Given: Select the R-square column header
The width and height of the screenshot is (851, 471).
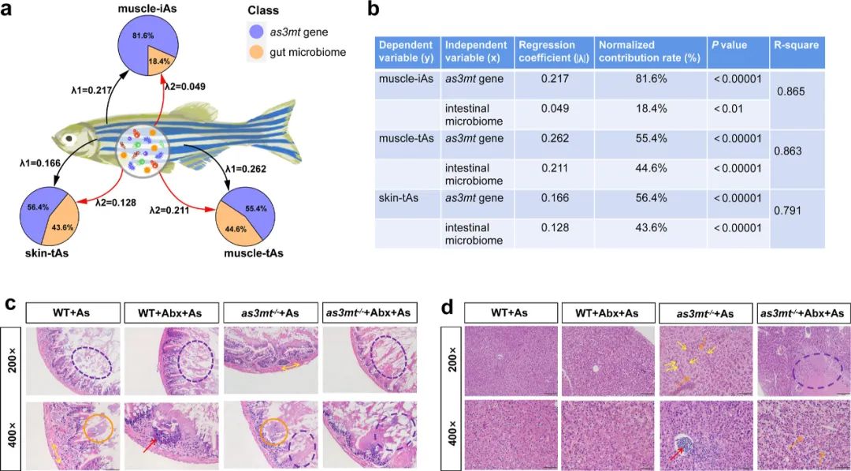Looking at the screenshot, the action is coord(796,45).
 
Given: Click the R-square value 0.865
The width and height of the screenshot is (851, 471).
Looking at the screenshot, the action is coord(791,92).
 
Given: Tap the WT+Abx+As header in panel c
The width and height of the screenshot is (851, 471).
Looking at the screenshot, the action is coord(169,312).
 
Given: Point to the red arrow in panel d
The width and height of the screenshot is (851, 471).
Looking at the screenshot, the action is coord(677,454).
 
